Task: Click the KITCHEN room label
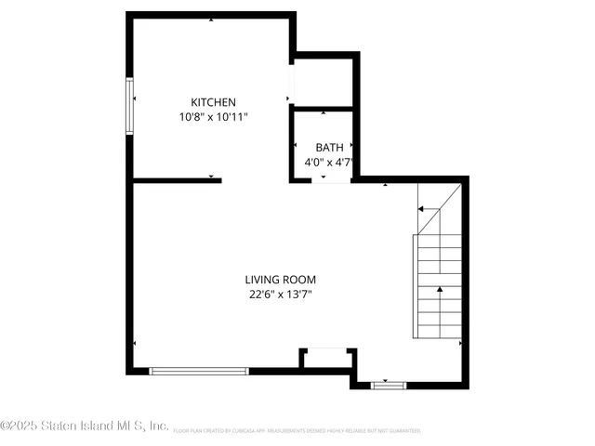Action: point(213,102)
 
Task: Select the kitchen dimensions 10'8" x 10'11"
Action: point(213,117)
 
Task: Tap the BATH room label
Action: point(329,147)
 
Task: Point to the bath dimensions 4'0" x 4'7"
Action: point(329,162)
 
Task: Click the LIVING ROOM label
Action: point(281,280)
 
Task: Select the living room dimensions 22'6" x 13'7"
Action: point(281,295)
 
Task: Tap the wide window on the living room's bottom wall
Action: point(199,371)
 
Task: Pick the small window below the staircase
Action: point(388,384)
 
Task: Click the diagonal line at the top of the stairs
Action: point(438,209)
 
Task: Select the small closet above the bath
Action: point(324,83)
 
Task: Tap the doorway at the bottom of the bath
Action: point(330,179)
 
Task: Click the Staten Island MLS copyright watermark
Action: point(85,426)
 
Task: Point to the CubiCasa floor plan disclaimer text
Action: point(296,431)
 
